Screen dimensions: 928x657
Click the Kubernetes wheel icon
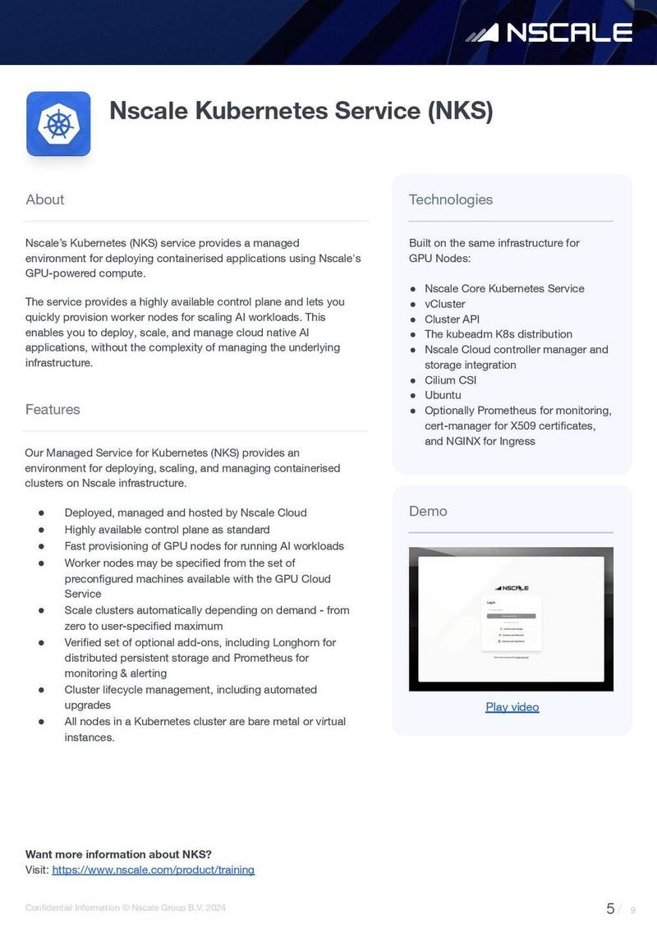58,124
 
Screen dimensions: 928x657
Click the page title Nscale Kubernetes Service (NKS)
301,111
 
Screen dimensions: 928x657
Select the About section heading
44,200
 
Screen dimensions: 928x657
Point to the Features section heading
53,409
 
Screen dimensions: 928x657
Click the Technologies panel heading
451,200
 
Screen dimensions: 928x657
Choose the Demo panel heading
428,511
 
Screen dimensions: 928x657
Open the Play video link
512,707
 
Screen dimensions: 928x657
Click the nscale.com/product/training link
153,870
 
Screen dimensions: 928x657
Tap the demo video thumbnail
511,619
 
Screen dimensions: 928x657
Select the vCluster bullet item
444,304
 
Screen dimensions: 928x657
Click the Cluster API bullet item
452,319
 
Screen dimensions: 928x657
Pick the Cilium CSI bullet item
450,380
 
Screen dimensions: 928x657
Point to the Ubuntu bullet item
443,395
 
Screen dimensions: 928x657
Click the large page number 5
610,908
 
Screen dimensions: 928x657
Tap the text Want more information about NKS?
118,854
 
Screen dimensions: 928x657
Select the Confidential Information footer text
125,907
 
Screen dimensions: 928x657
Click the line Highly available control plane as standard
167,530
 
